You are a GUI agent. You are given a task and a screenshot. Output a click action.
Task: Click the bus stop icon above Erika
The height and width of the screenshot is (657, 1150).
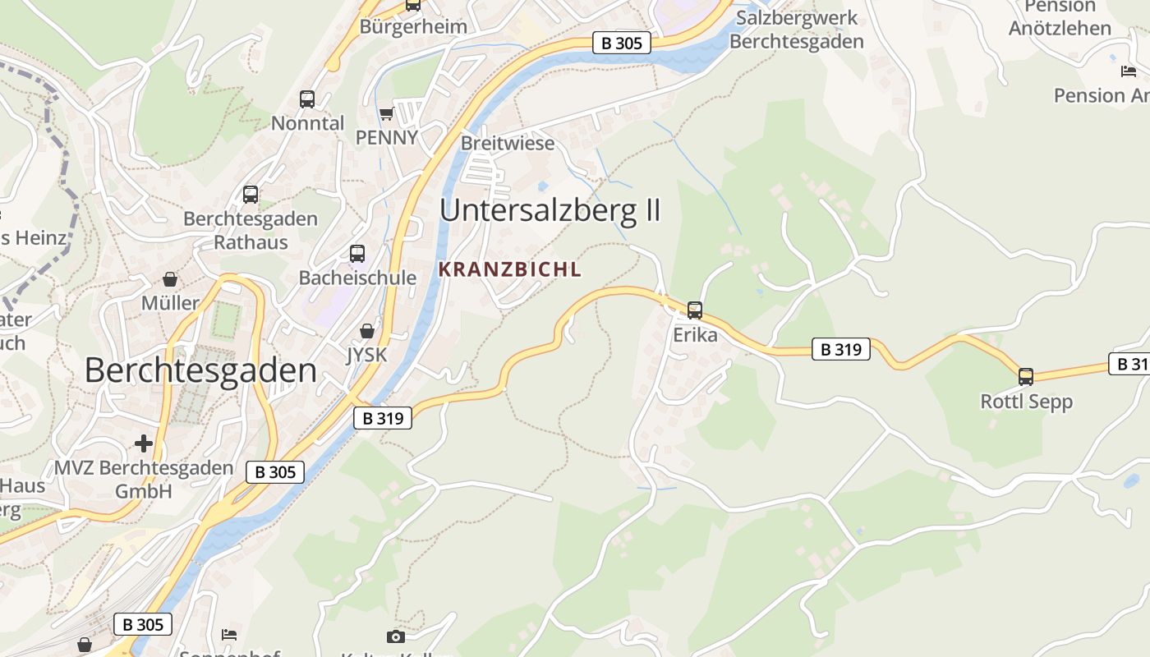[695, 310]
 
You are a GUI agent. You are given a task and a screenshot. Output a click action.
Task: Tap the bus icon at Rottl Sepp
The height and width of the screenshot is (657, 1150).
[1026, 377]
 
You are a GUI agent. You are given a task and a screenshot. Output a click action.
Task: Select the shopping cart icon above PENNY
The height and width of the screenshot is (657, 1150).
[386, 113]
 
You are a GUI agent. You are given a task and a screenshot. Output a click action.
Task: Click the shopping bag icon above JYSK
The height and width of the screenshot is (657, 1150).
[367, 331]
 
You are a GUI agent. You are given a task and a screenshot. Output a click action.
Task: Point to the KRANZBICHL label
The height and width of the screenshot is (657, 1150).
[510, 269]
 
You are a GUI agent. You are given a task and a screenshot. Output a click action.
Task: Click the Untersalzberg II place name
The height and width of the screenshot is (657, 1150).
[550, 210]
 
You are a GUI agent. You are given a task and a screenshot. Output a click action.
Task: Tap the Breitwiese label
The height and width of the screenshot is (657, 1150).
[508, 143]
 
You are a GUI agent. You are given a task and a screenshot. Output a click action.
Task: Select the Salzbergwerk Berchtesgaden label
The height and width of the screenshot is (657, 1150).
[797, 30]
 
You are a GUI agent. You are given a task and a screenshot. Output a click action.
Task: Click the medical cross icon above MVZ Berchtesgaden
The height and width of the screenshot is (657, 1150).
[144, 443]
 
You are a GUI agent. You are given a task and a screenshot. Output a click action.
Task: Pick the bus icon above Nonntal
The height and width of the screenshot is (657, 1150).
[307, 99]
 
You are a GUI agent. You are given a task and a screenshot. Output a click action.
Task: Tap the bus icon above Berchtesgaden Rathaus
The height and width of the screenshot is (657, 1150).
[251, 195]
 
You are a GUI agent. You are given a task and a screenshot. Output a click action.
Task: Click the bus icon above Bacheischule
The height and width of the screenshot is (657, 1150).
[357, 254]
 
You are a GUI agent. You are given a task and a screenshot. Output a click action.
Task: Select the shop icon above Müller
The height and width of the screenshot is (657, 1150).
[170, 279]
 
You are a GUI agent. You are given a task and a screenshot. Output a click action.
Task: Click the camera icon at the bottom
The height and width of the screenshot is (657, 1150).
[395, 636]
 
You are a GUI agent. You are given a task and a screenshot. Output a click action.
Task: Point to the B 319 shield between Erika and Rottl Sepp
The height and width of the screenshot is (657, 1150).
[841, 349]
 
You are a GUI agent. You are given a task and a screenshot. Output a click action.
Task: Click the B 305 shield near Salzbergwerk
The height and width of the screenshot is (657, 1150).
[622, 43]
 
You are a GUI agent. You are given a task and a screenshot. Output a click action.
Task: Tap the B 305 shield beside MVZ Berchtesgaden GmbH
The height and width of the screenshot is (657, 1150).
[275, 471]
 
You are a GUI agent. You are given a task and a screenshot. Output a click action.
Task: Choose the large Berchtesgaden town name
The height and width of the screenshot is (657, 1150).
[200, 370]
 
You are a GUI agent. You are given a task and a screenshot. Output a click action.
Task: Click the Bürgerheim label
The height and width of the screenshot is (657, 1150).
[413, 26]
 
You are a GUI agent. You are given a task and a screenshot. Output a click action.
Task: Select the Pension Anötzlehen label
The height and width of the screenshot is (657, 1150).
[1060, 17]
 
